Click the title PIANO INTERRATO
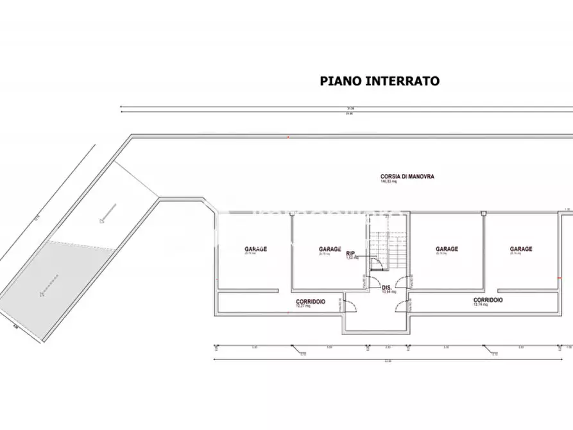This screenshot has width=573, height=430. point(379,82)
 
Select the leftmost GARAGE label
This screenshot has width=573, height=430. point(255,249)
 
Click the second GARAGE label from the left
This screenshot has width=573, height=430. point(330,249)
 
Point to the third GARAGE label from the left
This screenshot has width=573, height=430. point(447,249)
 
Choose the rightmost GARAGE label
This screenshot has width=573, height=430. point(521,249)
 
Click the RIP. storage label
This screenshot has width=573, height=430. point(351,253)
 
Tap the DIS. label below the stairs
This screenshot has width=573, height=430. point(386,287)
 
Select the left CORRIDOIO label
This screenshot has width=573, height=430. point(311,301)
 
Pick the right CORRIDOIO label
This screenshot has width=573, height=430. point(488,300)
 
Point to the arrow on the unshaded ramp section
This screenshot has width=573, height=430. point(107,212)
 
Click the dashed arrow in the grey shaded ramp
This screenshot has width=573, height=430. point(48,284)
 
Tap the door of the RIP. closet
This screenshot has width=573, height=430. point(378,263)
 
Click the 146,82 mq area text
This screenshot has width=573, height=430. point(389,182)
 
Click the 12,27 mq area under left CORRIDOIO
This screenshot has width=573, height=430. point(304,307)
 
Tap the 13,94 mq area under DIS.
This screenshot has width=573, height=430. point(389,292)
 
